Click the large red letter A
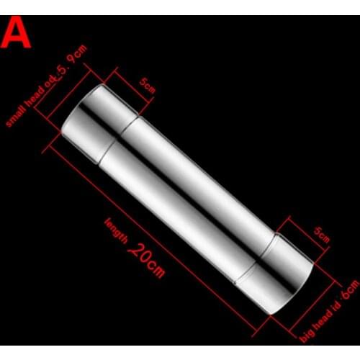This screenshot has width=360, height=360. click(x=17, y=33)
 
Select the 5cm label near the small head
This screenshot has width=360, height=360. click(x=148, y=86)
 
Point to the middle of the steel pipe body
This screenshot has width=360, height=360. click(x=187, y=198)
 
